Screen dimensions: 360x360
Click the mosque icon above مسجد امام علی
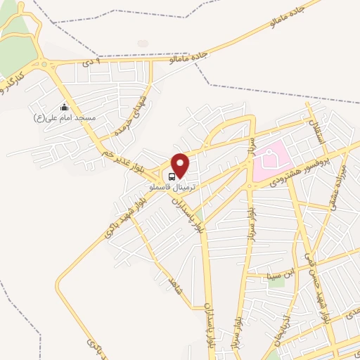65,107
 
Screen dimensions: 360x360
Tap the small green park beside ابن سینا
276,283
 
